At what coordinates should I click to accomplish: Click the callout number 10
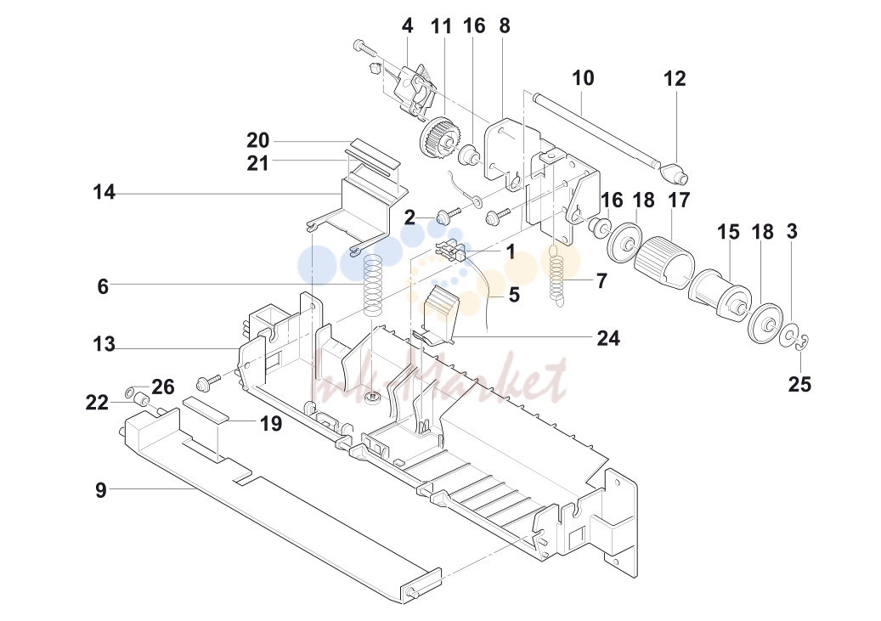[583, 78]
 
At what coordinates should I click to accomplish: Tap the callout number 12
[675, 79]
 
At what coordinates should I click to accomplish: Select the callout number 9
[100, 490]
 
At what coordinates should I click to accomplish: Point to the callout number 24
[608, 338]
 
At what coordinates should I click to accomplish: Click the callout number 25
[799, 384]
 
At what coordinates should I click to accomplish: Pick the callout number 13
[104, 344]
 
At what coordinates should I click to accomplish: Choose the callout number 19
[271, 423]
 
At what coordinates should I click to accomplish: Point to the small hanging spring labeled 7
[556, 276]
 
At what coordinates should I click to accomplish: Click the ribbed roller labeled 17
[664, 263]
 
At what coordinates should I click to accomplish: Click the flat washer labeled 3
[789, 336]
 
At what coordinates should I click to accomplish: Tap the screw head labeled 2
[443, 217]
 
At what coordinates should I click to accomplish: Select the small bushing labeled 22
[141, 401]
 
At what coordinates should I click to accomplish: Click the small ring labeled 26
[129, 391]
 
